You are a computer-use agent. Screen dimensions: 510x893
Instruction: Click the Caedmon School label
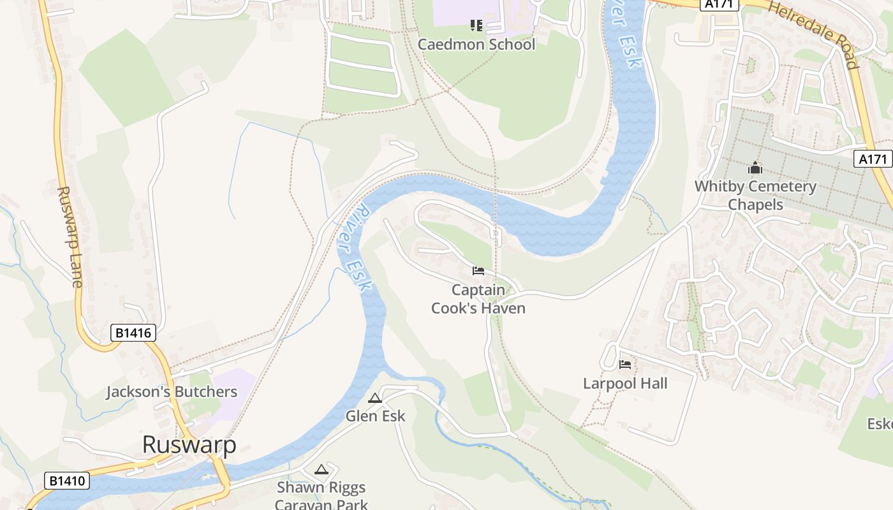(x=476, y=45)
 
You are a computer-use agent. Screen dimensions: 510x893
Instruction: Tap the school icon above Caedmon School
(x=476, y=25)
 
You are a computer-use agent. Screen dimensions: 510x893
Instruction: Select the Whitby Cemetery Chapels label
(x=755, y=195)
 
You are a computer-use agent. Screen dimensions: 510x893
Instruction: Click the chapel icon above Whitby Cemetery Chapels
(x=755, y=168)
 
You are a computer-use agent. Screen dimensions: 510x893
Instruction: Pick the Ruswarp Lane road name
(x=70, y=237)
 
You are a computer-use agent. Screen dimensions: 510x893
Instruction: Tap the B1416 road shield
(x=133, y=333)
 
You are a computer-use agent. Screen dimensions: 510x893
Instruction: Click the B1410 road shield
(x=66, y=481)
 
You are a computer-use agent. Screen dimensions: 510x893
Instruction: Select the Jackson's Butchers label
(x=172, y=391)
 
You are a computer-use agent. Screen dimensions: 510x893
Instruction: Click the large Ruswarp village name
(x=189, y=444)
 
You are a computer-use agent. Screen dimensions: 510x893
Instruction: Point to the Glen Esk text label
(x=375, y=416)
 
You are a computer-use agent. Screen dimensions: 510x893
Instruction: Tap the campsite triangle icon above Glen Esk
(x=375, y=398)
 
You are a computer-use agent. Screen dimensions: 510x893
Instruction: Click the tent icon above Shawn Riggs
(x=321, y=470)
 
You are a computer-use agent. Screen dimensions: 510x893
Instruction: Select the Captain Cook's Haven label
(x=478, y=299)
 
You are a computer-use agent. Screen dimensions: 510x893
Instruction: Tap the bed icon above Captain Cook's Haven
(x=478, y=271)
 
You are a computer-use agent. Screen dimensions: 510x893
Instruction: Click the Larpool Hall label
(x=625, y=383)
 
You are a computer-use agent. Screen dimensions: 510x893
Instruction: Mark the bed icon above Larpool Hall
(x=625, y=365)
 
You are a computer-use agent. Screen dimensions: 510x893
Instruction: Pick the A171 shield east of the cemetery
(x=872, y=159)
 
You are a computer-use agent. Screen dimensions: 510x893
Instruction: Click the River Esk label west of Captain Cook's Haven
(x=354, y=247)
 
